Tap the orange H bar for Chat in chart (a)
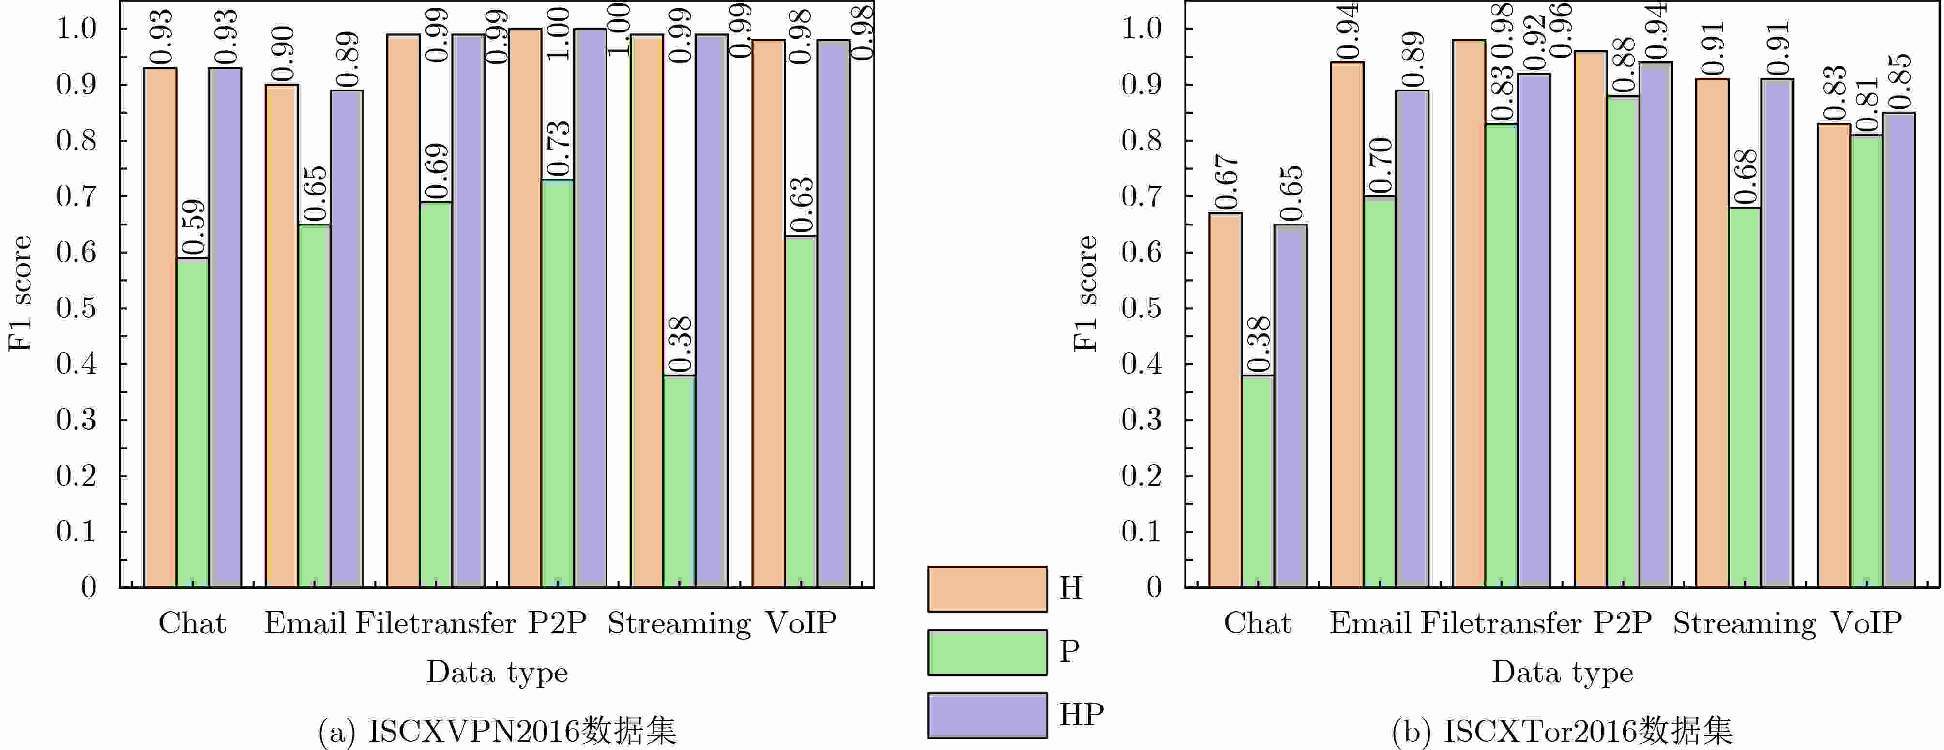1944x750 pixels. point(160,328)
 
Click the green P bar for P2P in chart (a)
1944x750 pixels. point(558,383)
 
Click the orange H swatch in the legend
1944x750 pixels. point(987,588)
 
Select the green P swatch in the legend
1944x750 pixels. point(987,652)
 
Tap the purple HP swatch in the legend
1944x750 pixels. point(987,715)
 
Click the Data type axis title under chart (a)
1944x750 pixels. point(497,672)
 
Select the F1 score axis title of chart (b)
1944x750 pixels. point(1085,294)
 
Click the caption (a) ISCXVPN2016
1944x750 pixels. point(497,730)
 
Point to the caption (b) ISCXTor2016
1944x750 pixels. point(1562,730)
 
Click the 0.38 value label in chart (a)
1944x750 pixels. point(679,344)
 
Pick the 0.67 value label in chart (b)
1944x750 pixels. point(1226,182)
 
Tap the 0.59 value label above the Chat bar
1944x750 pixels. point(193,227)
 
